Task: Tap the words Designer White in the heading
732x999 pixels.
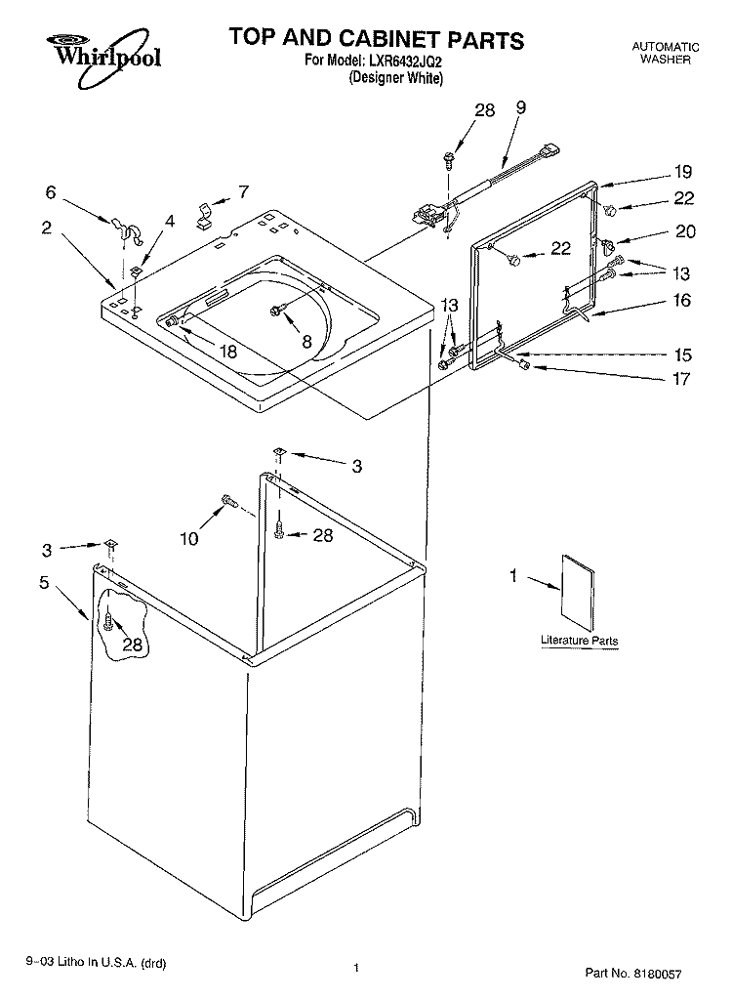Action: (x=395, y=78)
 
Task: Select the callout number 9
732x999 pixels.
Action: (x=520, y=107)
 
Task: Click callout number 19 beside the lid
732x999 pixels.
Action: (x=683, y=172)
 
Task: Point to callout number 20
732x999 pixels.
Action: (x=685, y=230)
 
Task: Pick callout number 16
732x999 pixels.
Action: (x=681, y=300)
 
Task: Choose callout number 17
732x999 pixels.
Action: (x=681, y=379)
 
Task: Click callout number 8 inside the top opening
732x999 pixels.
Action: (x=306, y=342)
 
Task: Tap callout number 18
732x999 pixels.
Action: (x=227, y=351)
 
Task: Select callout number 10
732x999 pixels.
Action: (x=189, y=538)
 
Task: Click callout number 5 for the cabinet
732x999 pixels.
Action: (x=43, y=582)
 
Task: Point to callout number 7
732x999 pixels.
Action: (x=243, y=191)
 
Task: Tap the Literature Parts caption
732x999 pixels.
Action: (x=579, y=641)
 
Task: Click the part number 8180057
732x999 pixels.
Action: (x=656, y=974)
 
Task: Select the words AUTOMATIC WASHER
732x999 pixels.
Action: (x=666, y=53)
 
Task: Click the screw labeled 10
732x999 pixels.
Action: (x=228, y=501)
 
